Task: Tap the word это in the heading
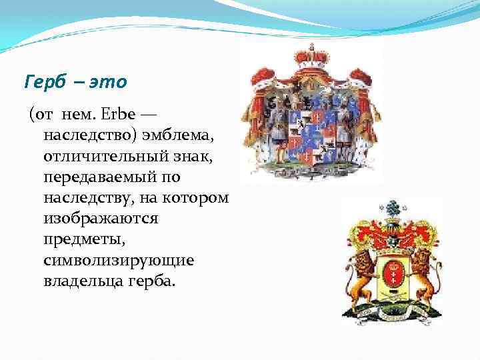[107, 83]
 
